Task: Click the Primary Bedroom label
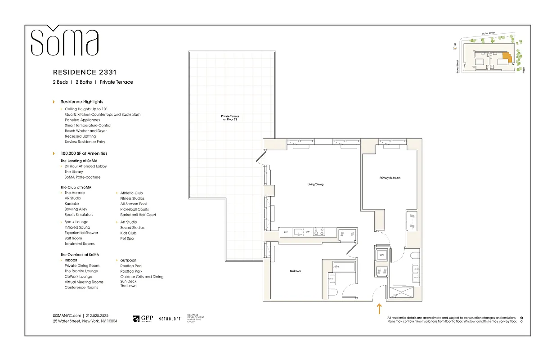[390, 178]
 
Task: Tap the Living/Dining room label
[315, 184]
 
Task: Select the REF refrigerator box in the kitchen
[285, 232]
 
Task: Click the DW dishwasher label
[308, 232]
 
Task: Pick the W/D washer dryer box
[382, 255]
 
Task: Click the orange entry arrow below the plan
[379, 309]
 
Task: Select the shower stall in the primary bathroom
[403, 292]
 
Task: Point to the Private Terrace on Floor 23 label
[230, 117]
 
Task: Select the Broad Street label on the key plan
[457, 67]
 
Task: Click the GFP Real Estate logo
[143, 319]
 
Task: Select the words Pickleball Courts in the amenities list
[135, 209]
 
